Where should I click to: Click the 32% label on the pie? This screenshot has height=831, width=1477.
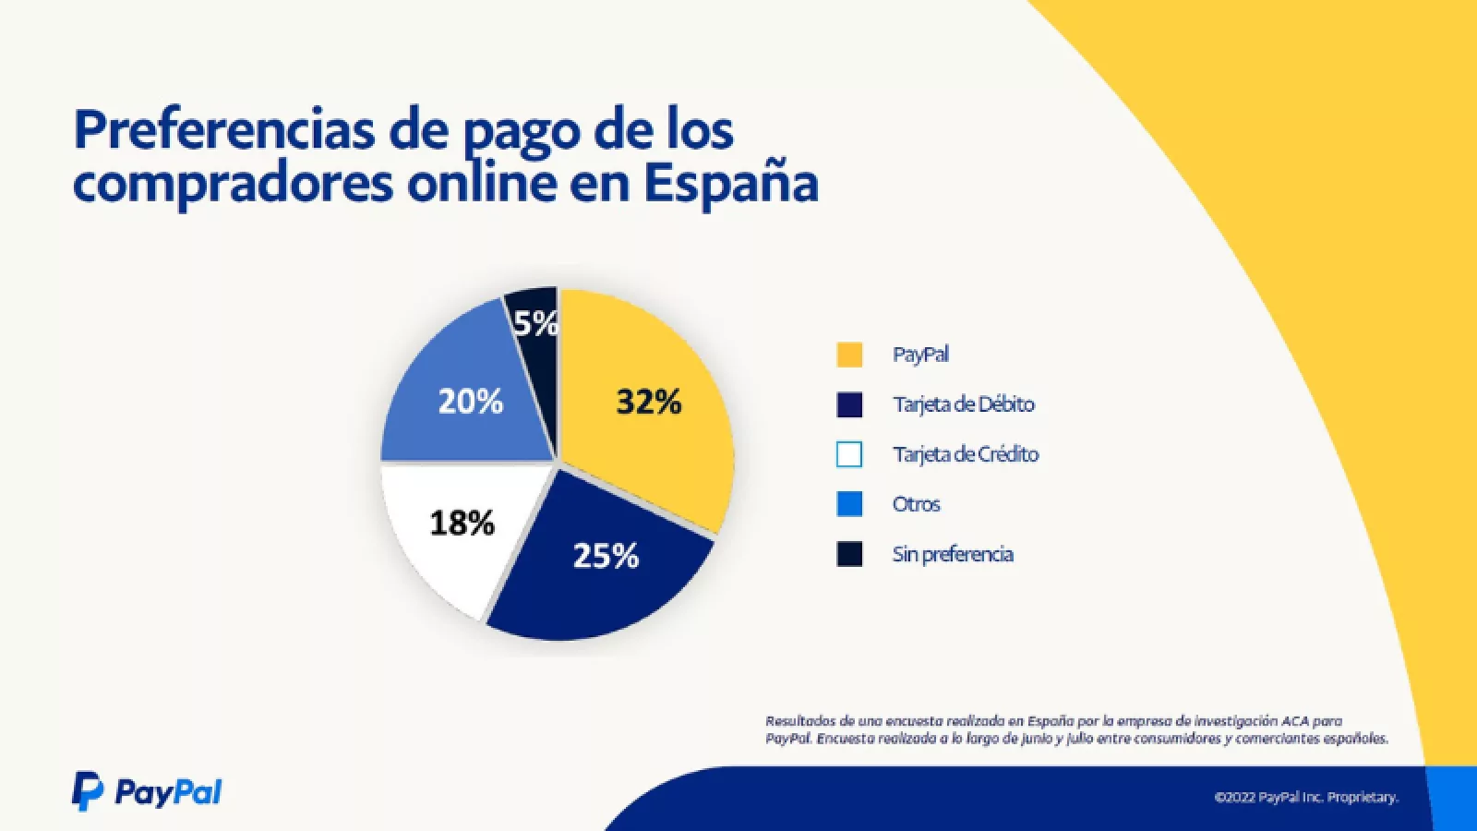tap(648, 402)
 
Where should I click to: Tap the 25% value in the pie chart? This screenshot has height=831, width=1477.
tap(606, 555)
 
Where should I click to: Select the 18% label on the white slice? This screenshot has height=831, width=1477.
tap(462, 523)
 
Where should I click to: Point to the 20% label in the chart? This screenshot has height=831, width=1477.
tap(470, 401)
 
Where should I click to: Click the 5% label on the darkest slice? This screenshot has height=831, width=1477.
tap(535, 323)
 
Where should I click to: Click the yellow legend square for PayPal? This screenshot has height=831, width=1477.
tap(849, 355)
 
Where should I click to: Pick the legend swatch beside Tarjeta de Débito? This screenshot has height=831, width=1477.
tap(849, 404)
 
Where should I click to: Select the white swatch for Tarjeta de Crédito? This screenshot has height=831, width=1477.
tap(849, 454)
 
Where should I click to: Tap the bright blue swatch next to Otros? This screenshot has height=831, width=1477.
tap(849, 504)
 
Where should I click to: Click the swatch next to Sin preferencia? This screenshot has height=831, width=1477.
tap(849, 554)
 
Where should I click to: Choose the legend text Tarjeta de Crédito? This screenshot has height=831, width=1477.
tap(965, 454)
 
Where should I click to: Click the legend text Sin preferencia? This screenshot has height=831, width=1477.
tap(952, 554)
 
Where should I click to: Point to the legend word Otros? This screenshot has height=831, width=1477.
tap(916, 504)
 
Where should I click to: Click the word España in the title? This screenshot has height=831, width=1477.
tap(730, 183)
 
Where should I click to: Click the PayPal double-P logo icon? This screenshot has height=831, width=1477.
tap(88, 791)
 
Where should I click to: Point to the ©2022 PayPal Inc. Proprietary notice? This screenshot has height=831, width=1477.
tap(1305, 797)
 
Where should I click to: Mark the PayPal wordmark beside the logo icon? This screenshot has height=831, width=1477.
tap(168, 792)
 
